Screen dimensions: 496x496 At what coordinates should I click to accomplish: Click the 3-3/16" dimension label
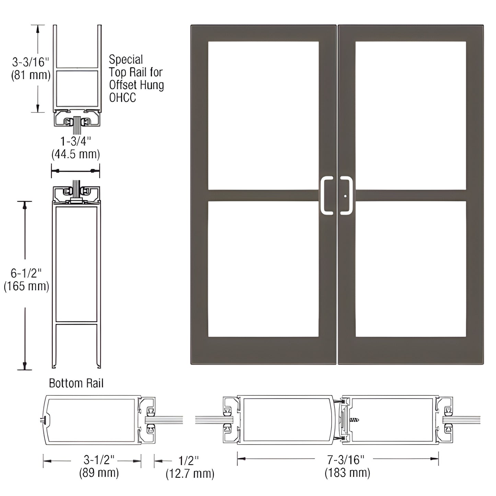click(x=31, y=62)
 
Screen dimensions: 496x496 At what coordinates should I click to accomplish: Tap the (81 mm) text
click(x=31, y=75)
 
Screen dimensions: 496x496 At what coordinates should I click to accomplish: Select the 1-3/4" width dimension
click(x=76, y=141)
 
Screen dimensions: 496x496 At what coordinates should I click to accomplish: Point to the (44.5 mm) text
click(x=76, y=154)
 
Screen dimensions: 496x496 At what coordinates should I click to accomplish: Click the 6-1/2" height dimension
click(x=26, y=273)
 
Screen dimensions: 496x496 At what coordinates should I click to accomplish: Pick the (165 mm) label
click(x=26, y=286)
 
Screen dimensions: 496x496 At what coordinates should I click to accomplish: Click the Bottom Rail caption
click(x=76, y=383)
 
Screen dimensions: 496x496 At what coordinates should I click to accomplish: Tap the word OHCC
click(x=123, y=98)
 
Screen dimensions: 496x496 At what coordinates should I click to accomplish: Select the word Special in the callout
click(x=126, y=60)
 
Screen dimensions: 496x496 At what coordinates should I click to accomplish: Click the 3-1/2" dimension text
click(x=99, y=460)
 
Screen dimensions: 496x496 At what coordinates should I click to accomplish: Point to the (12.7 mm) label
click(x=190, y=474)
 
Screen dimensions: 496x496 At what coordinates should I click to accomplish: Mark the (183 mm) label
click(x=347, y=473)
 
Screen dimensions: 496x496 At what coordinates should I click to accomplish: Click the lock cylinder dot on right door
click(x=346, y=197)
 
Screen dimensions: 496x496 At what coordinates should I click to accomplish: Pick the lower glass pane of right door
click(x=411, y=269)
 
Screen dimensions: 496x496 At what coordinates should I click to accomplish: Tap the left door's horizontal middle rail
click(x=263, y=195)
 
